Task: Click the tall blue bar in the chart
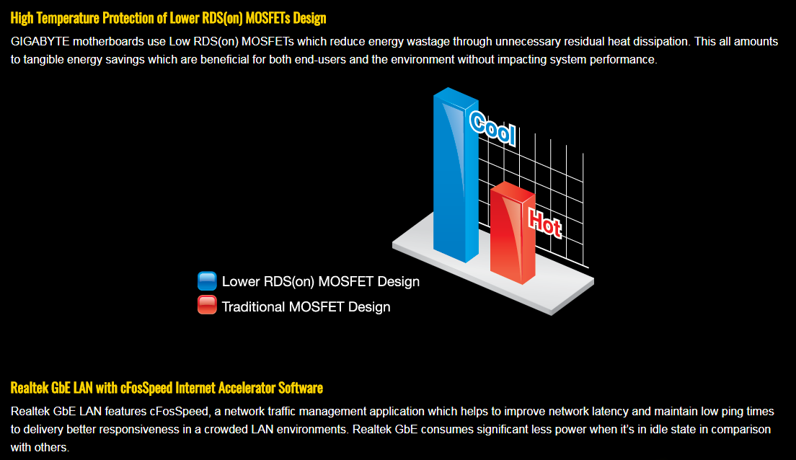pos(456,175)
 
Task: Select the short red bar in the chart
pos(512,233)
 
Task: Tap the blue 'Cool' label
pos(492,128)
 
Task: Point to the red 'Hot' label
pos(544,223)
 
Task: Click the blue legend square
pos(207,280)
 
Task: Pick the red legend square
pos(207,305)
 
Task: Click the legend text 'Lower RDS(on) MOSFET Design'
pos(321,282)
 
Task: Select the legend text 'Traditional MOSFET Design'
pos(306,306)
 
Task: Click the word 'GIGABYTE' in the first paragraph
pos(40,42)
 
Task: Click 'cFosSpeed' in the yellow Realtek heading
pos(146,388)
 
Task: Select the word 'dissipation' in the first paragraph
pos(659,42)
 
